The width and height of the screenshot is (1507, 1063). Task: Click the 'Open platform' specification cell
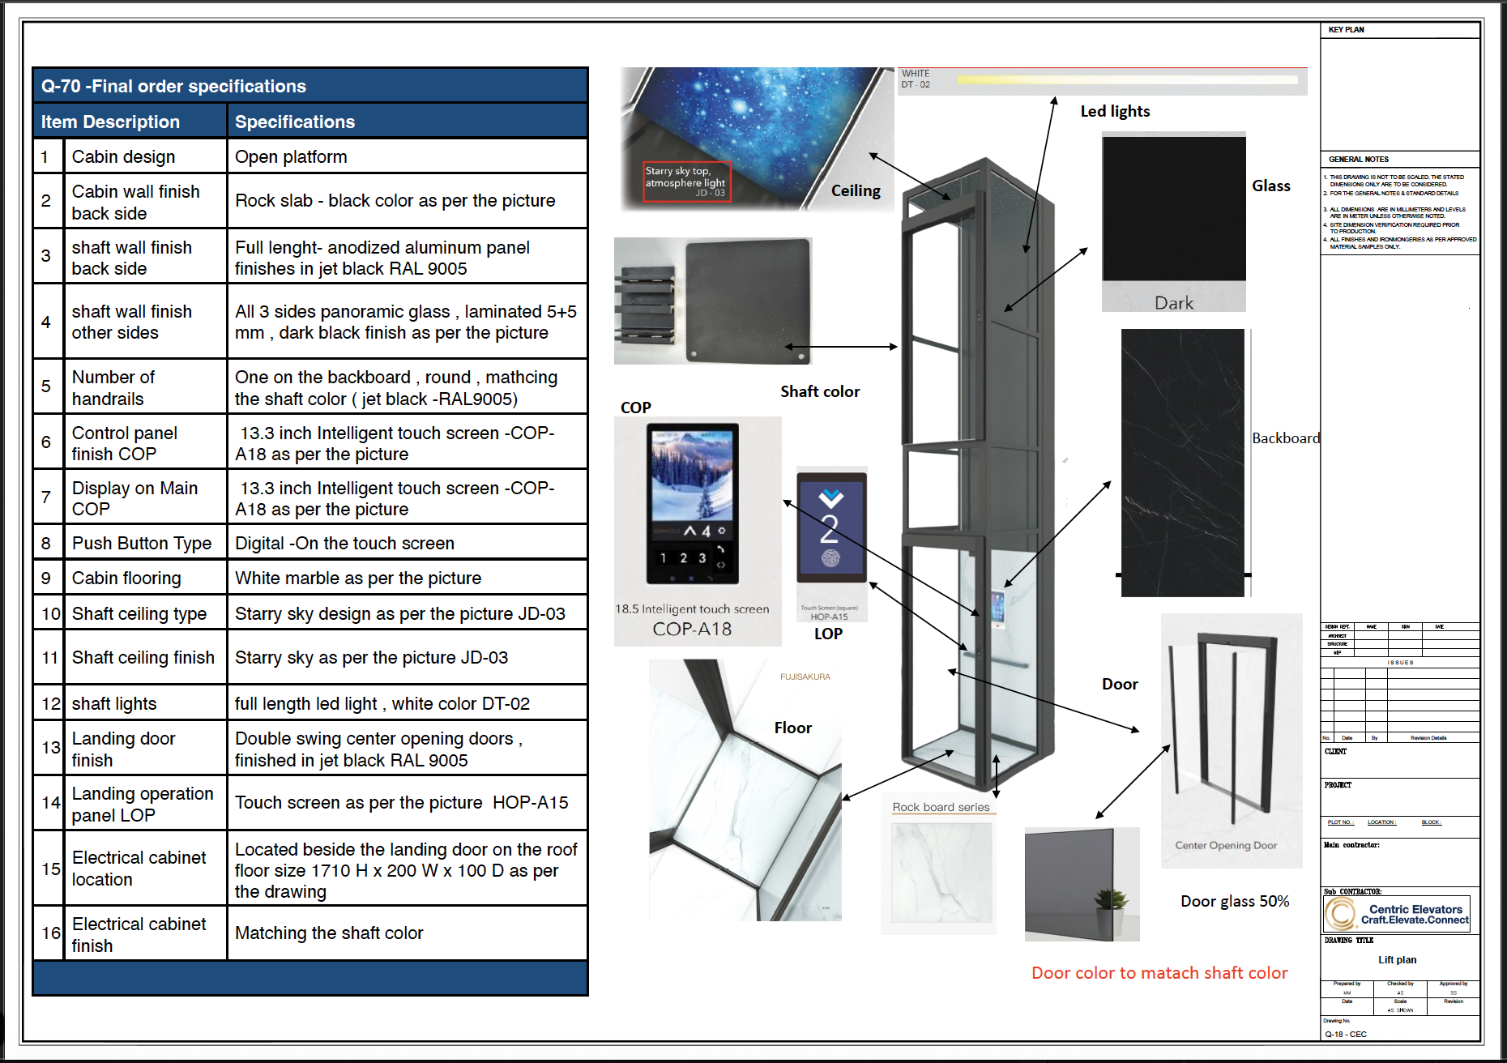point(291,157)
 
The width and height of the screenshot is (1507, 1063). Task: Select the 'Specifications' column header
point(295,122)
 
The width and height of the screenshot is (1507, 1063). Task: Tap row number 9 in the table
point(46,578)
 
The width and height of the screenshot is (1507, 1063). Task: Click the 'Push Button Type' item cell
point(142,543)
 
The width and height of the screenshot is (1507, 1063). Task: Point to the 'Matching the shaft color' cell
point(329,933)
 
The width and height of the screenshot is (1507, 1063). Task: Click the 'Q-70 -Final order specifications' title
point(173,86)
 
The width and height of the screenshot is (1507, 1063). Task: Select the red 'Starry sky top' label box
point(686,181)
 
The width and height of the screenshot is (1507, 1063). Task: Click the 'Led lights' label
point(1115,111)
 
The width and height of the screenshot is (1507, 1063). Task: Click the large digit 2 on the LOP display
point(829,530)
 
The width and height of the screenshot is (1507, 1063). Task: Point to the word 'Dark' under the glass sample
point(1174,303)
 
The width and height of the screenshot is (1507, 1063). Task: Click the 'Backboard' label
point(1286,438)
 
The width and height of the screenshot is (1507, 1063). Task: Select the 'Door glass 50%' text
point(1235,901)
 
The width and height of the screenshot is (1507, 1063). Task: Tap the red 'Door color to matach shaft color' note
point(1159,973)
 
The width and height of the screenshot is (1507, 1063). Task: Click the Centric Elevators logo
point(1341,914)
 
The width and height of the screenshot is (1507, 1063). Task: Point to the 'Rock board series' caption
point(941,807)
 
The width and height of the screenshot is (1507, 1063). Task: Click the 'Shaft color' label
point(820,391)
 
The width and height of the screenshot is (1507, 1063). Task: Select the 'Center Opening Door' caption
point(1226,845)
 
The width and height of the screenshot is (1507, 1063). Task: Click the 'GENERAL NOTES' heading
point(1359,159)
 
